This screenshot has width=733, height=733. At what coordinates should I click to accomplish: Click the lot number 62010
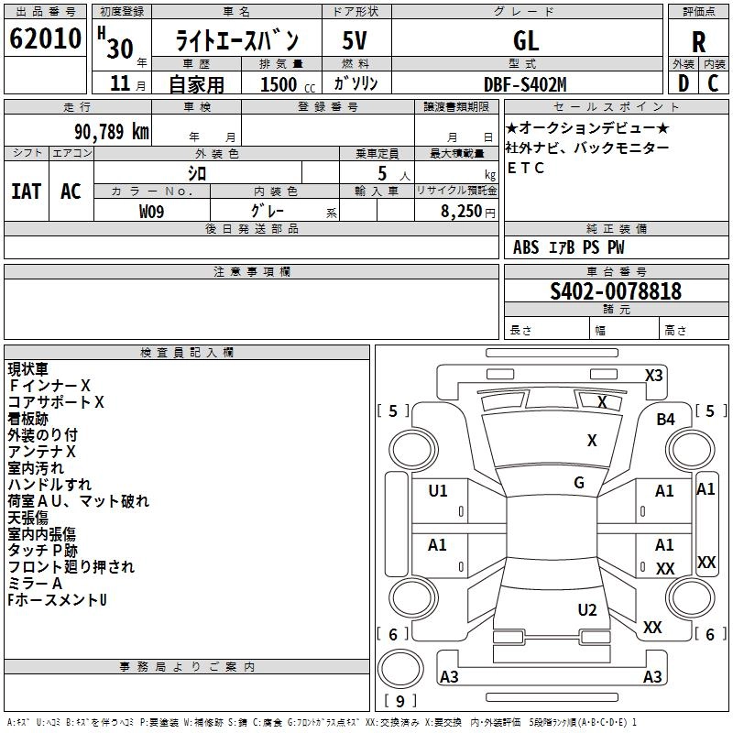[x=45, y=40]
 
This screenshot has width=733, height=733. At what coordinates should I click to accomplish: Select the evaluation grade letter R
[x=698, y=41]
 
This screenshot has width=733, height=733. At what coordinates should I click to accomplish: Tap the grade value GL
[x=526, y=41]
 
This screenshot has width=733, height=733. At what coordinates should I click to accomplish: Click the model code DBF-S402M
[x=525, y=83]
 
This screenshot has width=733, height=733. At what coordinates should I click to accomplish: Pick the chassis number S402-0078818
[x=616, y=291]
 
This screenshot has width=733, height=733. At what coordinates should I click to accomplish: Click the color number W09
[x=152, y=211]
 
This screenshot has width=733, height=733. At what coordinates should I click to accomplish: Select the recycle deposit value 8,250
[x=462, y=211]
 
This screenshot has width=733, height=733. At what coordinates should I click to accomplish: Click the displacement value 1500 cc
[x=279, y=84]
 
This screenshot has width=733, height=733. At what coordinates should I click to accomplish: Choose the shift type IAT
[x=26, y=191]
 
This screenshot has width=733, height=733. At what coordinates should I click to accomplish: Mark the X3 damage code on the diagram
[x=654, y=375]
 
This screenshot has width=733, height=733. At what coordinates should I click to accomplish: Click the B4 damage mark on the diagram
[x=665, y=419]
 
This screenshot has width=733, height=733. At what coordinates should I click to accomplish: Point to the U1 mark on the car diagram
[x=438, y=490]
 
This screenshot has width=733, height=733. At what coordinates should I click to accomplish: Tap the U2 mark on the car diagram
[x=587, y=609]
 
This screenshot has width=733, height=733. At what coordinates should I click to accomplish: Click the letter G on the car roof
[x=579, y=482]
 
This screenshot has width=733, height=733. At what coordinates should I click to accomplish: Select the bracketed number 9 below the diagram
[x=399, y=702]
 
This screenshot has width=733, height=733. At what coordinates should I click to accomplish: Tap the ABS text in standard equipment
[x=526, y=247]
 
